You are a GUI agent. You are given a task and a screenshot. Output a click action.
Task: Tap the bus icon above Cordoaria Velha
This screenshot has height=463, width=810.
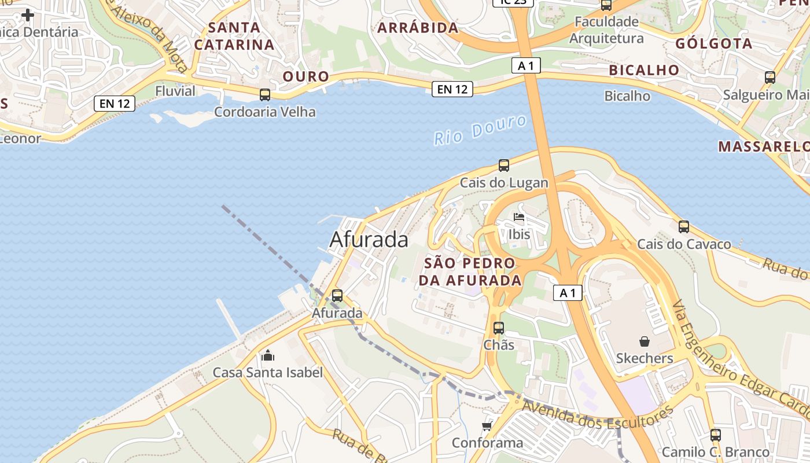coord(265,94)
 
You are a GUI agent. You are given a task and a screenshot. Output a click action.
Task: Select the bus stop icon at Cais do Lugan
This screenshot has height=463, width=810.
coord(504,166)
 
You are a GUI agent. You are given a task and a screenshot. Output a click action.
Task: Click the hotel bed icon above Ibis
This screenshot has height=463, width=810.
coord(519,218)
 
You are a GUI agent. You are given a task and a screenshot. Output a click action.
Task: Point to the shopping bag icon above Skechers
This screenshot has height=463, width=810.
coord(645,341)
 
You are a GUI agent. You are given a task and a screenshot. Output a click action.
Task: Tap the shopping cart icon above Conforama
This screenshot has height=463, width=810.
coord(487,427)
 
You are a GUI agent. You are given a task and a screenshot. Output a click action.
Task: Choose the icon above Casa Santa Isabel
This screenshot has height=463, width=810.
coord(267,355)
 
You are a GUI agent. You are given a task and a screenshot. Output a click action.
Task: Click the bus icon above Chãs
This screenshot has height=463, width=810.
coord(499,328)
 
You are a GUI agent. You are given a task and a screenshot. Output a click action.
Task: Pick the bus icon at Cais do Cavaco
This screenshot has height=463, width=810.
coord(684,227)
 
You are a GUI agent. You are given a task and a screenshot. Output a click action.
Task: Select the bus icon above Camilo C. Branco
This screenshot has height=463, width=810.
coord(716,435)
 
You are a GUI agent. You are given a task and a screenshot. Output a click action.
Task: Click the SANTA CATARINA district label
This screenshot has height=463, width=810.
coord(234,36)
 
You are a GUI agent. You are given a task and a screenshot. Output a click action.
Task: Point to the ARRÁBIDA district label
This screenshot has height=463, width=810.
coord(418,27)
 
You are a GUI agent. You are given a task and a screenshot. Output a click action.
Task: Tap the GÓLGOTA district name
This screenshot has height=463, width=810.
coord(714,43)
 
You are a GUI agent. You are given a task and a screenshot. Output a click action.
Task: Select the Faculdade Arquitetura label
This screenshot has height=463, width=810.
coord(606,30)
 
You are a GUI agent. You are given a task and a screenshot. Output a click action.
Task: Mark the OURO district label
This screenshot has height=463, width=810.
coord(305,76)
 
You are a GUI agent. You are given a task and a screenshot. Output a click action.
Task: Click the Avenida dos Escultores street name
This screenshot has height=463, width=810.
coord(598,418)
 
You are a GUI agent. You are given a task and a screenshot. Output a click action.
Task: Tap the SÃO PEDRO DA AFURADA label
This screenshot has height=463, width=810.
coord(469,271)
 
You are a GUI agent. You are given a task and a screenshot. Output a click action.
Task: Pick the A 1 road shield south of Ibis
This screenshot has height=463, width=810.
coord(568,293)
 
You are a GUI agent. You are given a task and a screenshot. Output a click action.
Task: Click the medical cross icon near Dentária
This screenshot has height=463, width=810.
coord(27,15)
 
